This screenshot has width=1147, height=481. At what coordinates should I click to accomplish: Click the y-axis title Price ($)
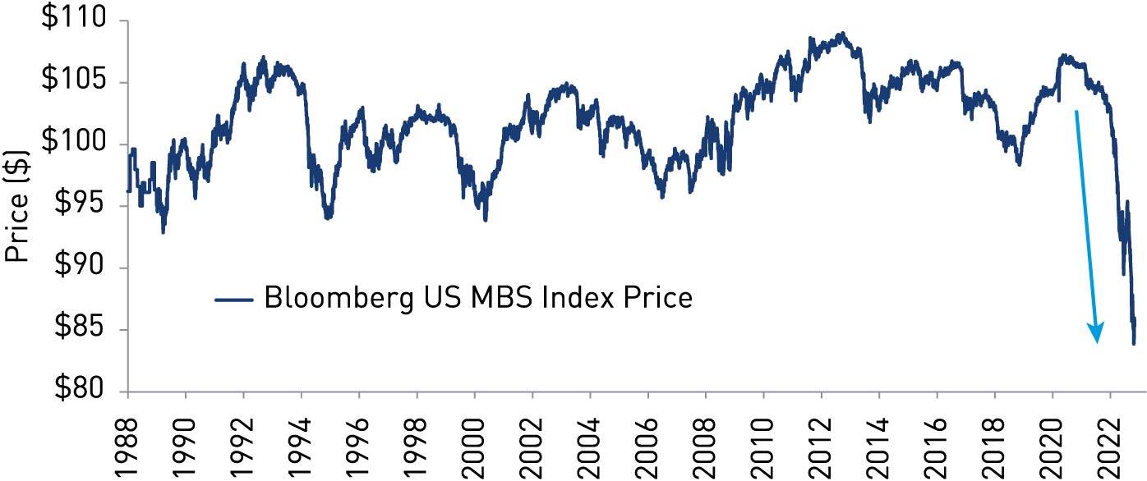coord(18,205)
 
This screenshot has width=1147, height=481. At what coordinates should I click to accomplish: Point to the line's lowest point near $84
coord(1134,343)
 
